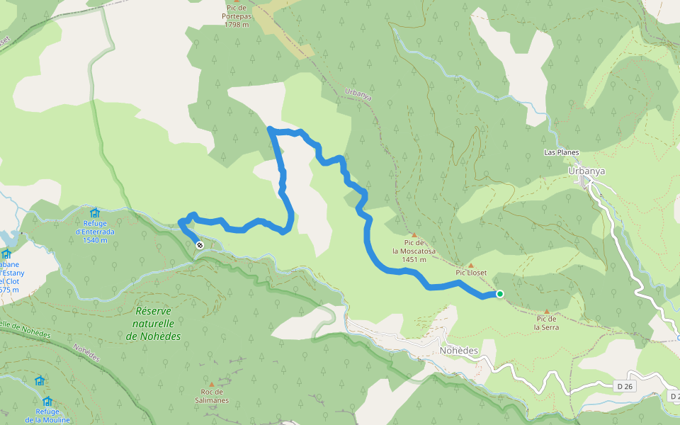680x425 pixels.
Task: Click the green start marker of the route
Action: coord(499,294)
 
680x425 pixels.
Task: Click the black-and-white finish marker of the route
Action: coord(200,244)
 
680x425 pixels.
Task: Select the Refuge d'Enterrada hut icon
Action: coord(94,212)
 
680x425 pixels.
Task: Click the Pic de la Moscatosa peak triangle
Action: coord(414,235)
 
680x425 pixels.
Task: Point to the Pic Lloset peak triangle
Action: coord(470,265)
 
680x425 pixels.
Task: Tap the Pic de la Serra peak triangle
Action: coord(546,311)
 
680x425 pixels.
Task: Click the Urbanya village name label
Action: coord(586,171)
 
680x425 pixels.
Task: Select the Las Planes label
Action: coord(561,152)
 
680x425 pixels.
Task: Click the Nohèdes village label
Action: coord(459,351)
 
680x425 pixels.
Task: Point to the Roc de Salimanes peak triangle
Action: coord(211,384)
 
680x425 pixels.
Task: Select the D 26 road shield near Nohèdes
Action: coord(623,386)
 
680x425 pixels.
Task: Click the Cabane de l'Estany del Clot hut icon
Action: coord(6,254)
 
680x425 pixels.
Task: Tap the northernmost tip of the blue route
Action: coord(270,128)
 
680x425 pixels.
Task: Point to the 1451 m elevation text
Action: coord(414,259)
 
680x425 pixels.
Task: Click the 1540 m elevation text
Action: coord(94,240)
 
